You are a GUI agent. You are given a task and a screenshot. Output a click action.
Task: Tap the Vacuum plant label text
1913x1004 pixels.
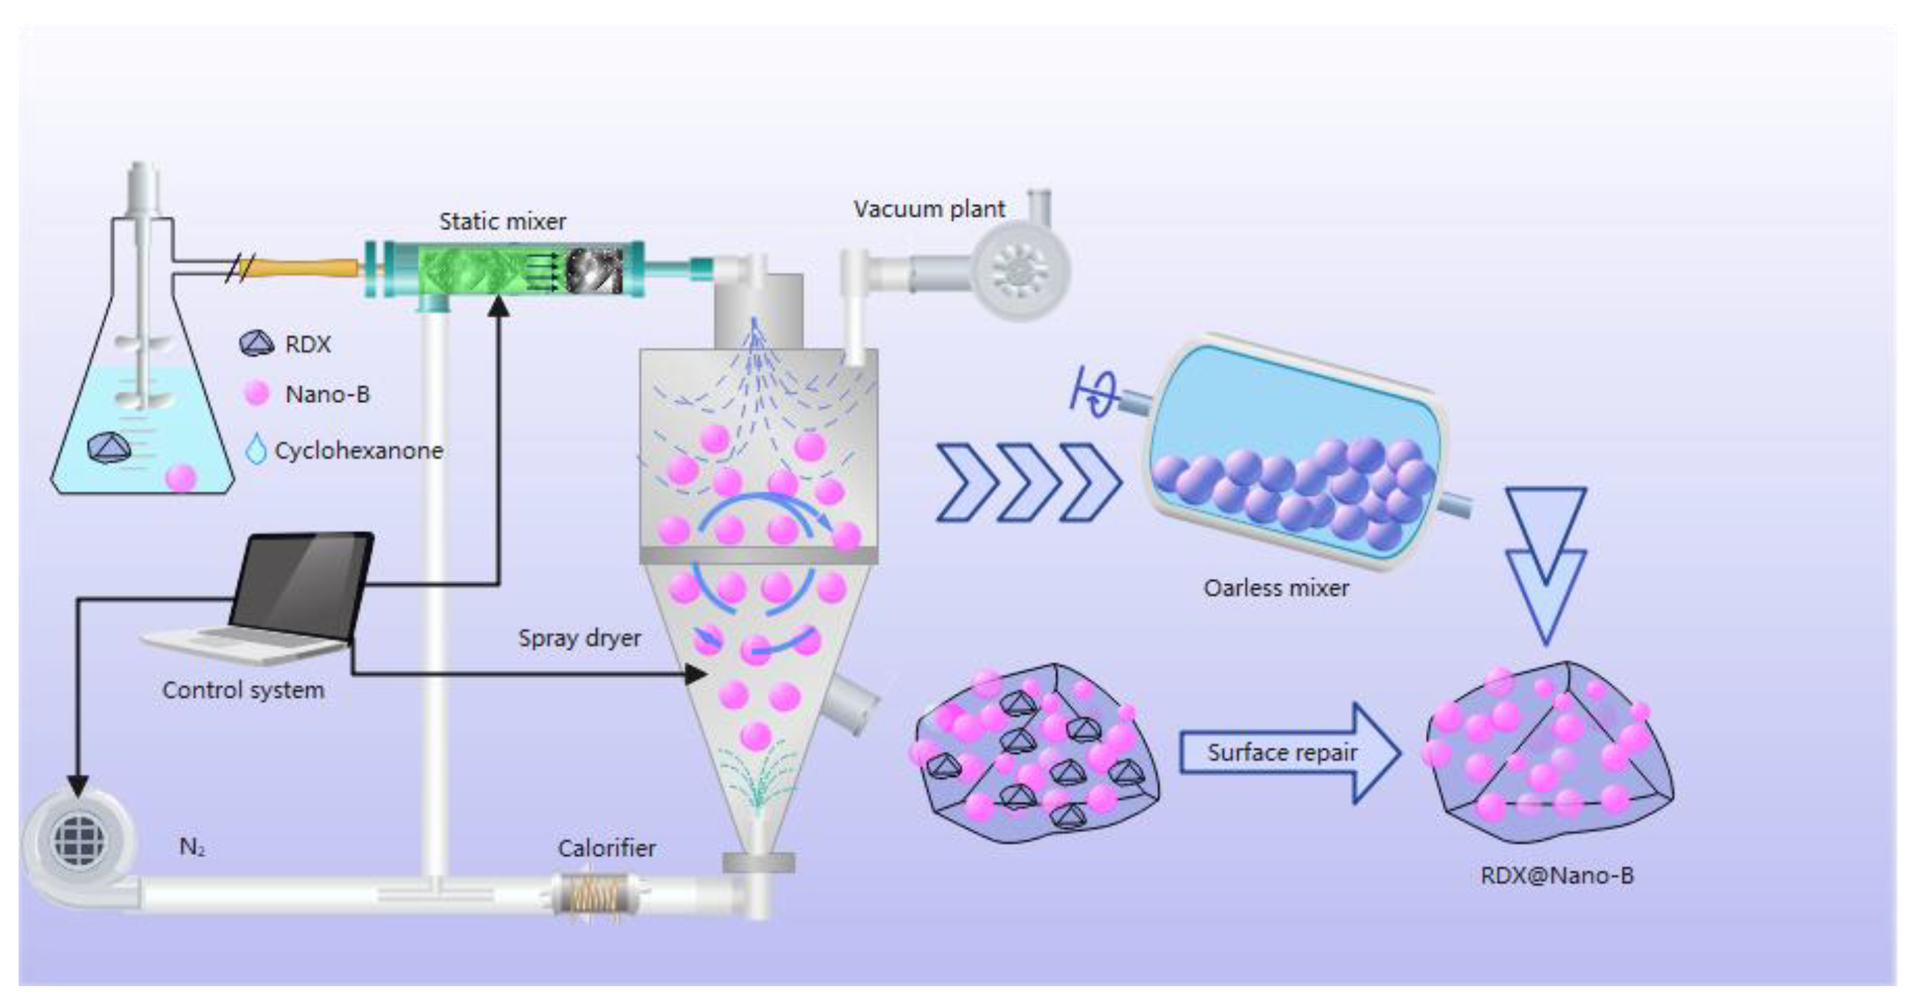[x=928, y=209]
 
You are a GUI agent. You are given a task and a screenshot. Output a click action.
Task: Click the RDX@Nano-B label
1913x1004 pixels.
[x=1557, y=876]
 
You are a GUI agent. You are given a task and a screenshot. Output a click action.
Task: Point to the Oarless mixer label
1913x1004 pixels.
[x=1276, y=588]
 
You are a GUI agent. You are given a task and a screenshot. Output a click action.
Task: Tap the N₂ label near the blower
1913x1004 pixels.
[x=192, y=847]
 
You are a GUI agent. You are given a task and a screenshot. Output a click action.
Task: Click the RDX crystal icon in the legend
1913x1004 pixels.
[x=256, y=343]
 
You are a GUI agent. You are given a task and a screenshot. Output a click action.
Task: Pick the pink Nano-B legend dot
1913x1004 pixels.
[x=256, y=393]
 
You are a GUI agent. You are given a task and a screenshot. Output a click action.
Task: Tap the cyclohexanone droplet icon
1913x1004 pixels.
[x=256, y=449]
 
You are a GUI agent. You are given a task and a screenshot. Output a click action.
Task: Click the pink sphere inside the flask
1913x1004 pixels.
[x=181, y=477]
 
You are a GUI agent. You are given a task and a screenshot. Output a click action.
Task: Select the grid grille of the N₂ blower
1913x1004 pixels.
[x=79, y=839]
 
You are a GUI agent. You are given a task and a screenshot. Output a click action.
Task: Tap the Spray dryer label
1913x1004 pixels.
[x=580, y=638]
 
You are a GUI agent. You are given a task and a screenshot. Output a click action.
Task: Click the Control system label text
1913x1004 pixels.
[x=243, y=690]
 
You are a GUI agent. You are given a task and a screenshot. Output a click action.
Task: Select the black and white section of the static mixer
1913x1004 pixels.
[x=594, y=270]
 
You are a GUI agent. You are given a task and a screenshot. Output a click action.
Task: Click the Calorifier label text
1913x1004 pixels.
[x=606, y=848]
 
